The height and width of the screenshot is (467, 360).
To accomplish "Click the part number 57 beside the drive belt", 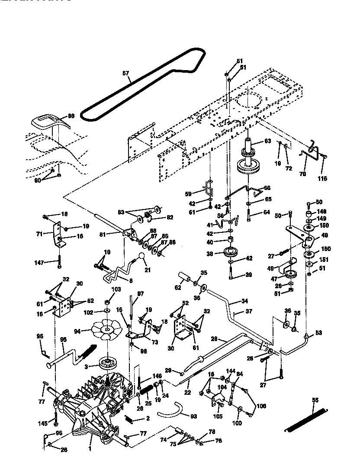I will (x=125, y=74).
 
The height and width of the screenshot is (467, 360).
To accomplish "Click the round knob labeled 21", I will (x=141, y=258).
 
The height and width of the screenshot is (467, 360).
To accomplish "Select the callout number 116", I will (x=322, y=178).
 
